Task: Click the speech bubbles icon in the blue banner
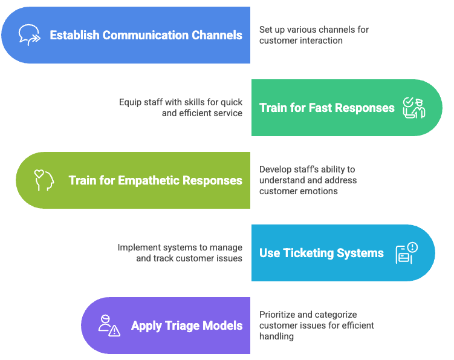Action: click(29, 35)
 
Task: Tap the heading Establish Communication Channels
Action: click(146, 35)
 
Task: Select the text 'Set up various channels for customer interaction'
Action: click(313, 35)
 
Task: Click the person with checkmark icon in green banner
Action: click(414, 108)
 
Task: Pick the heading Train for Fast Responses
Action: click(326, 108)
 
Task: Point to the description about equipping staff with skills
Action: click(180, 108)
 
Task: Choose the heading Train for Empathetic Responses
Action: click(155, 180)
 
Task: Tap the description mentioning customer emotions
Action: click(308, 180)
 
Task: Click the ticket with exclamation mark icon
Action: click(406, 253)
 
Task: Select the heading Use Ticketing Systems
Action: click(321, 253)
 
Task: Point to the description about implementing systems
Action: click(180, 253)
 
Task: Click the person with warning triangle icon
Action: click(109, 326)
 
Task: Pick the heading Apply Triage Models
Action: click(187, 326)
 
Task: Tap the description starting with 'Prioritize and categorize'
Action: click(316, 326)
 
